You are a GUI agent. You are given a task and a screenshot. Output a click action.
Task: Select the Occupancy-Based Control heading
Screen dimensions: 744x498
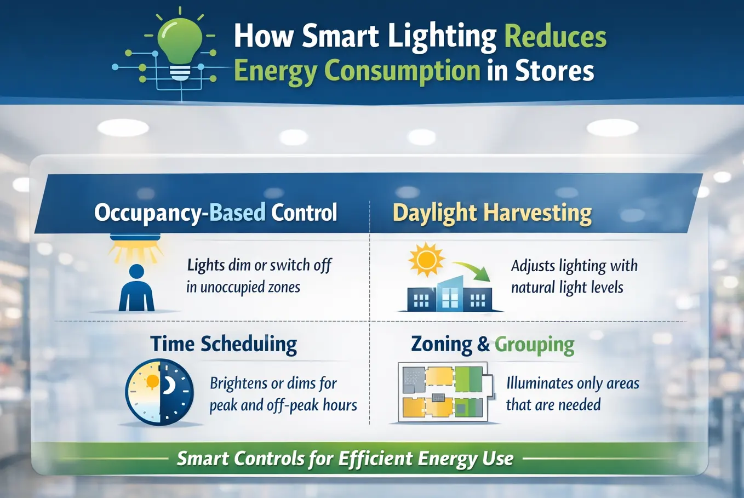(x=215, y=213)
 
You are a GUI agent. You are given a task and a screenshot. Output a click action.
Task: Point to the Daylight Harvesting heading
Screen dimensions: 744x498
(x=492, y=213)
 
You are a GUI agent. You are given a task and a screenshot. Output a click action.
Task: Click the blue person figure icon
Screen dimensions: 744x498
(x=136, y=288)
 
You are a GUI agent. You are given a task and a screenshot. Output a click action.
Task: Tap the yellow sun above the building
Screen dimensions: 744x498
(x=426, y=260)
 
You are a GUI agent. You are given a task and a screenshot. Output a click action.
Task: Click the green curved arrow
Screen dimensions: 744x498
(x=473, y=270)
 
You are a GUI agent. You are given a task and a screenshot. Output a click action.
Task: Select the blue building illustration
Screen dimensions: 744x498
(x=449, y=294)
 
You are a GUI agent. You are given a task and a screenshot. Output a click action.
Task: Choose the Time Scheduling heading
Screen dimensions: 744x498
(x=224, y=344)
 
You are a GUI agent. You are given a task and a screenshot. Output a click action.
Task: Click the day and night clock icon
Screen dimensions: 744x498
(x=159, y=392)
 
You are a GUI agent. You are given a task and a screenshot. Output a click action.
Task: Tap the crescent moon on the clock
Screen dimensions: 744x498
(x=169, y=385)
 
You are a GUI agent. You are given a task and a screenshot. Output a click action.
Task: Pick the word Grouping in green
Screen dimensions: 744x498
(x=534, y=345)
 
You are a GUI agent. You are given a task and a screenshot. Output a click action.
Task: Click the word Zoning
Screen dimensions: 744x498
(x=442, y=345)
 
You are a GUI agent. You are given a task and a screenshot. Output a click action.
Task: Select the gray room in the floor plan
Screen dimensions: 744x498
(x=414, y=380)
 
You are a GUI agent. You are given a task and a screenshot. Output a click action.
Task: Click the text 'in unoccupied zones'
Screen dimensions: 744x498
(x=243, y=287)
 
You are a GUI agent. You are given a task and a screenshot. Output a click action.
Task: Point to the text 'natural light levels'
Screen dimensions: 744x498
(x=567, y=287)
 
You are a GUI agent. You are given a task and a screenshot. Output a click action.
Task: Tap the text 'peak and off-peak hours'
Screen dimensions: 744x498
(x=283, y=405)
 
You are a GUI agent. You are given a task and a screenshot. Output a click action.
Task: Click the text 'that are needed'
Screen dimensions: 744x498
(x=553, y=405)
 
